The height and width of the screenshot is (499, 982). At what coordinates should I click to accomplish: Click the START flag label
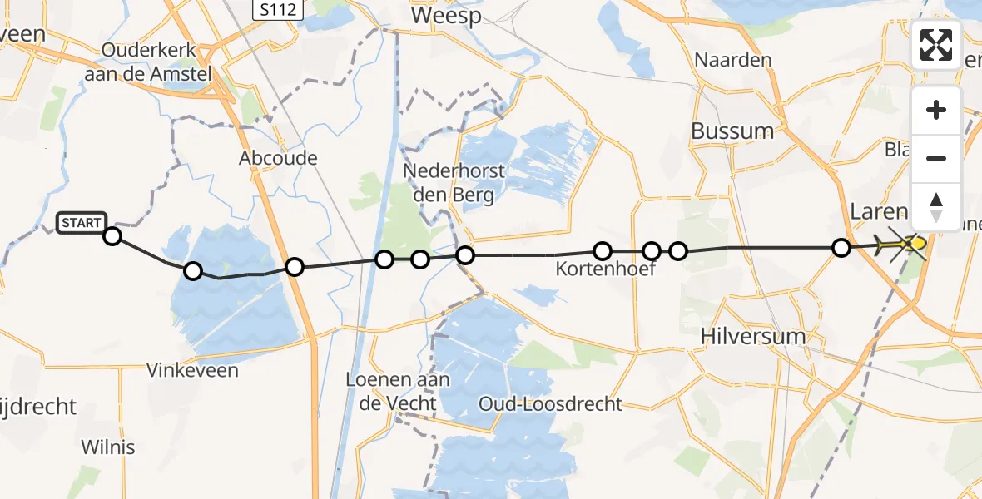[x=82, y=223]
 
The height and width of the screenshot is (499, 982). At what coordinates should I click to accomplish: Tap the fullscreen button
[x=936, y=45]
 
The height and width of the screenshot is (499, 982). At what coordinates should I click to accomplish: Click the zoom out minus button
[x=936, y=158]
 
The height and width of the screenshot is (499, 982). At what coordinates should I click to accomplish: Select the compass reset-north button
[x=936, y=206]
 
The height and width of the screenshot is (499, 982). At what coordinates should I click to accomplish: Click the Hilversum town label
[x=742, y=337]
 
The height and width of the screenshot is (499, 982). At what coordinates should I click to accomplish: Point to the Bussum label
[x=732, y=131]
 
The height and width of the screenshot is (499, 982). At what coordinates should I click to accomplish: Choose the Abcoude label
[x=278, y=157]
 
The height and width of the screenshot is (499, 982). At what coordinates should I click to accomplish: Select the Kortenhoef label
[x=595, y=269]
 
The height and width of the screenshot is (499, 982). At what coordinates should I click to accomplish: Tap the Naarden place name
[x=733, y=60]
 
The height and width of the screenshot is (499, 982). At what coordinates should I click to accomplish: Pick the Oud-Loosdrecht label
[x=550, y=404]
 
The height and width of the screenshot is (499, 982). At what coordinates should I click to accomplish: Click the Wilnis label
[x=108, y=447]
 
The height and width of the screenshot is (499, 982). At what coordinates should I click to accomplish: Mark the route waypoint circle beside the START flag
[x=112, y=236]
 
